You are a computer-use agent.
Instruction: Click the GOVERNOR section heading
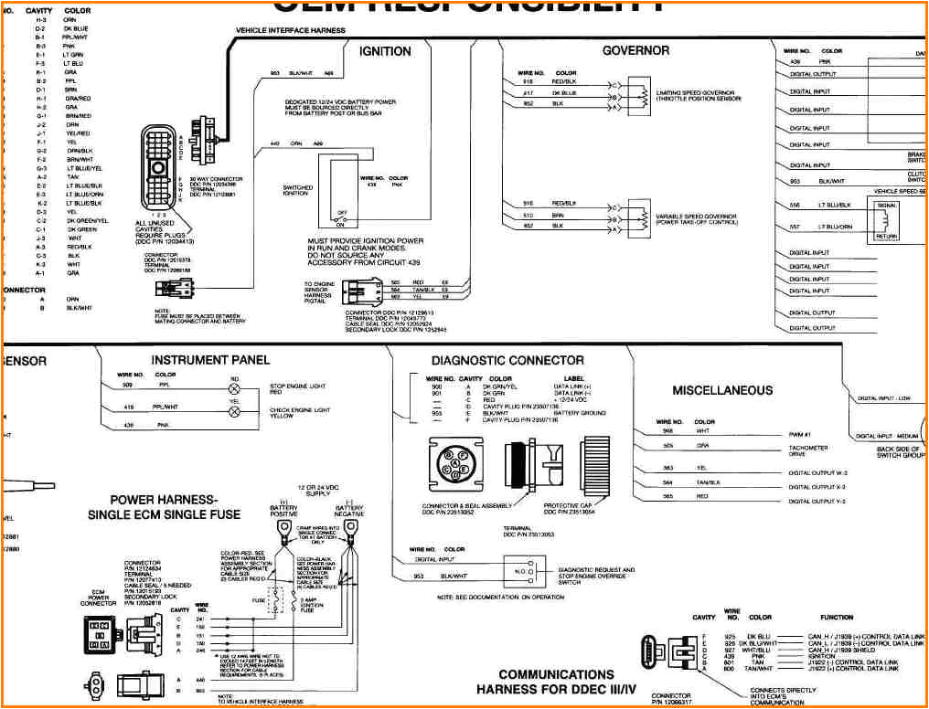(x=636, y=50)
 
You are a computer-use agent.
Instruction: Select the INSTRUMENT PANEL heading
(x=210, y=360)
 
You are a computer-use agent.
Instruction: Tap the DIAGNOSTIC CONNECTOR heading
(x=507, y=361)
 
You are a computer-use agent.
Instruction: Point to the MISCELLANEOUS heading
(x=722, y=390)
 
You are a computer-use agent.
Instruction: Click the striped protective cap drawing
(x=595, y=466)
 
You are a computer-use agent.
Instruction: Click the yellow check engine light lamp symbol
(x=234, y=411)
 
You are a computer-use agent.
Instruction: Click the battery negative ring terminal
(x=347, y=529)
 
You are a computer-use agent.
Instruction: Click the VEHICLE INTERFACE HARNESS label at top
(x=291, y=30)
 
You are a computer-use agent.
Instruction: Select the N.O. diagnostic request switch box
(x=519, y=574)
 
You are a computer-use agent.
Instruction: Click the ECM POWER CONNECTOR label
(x=99, y=598)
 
